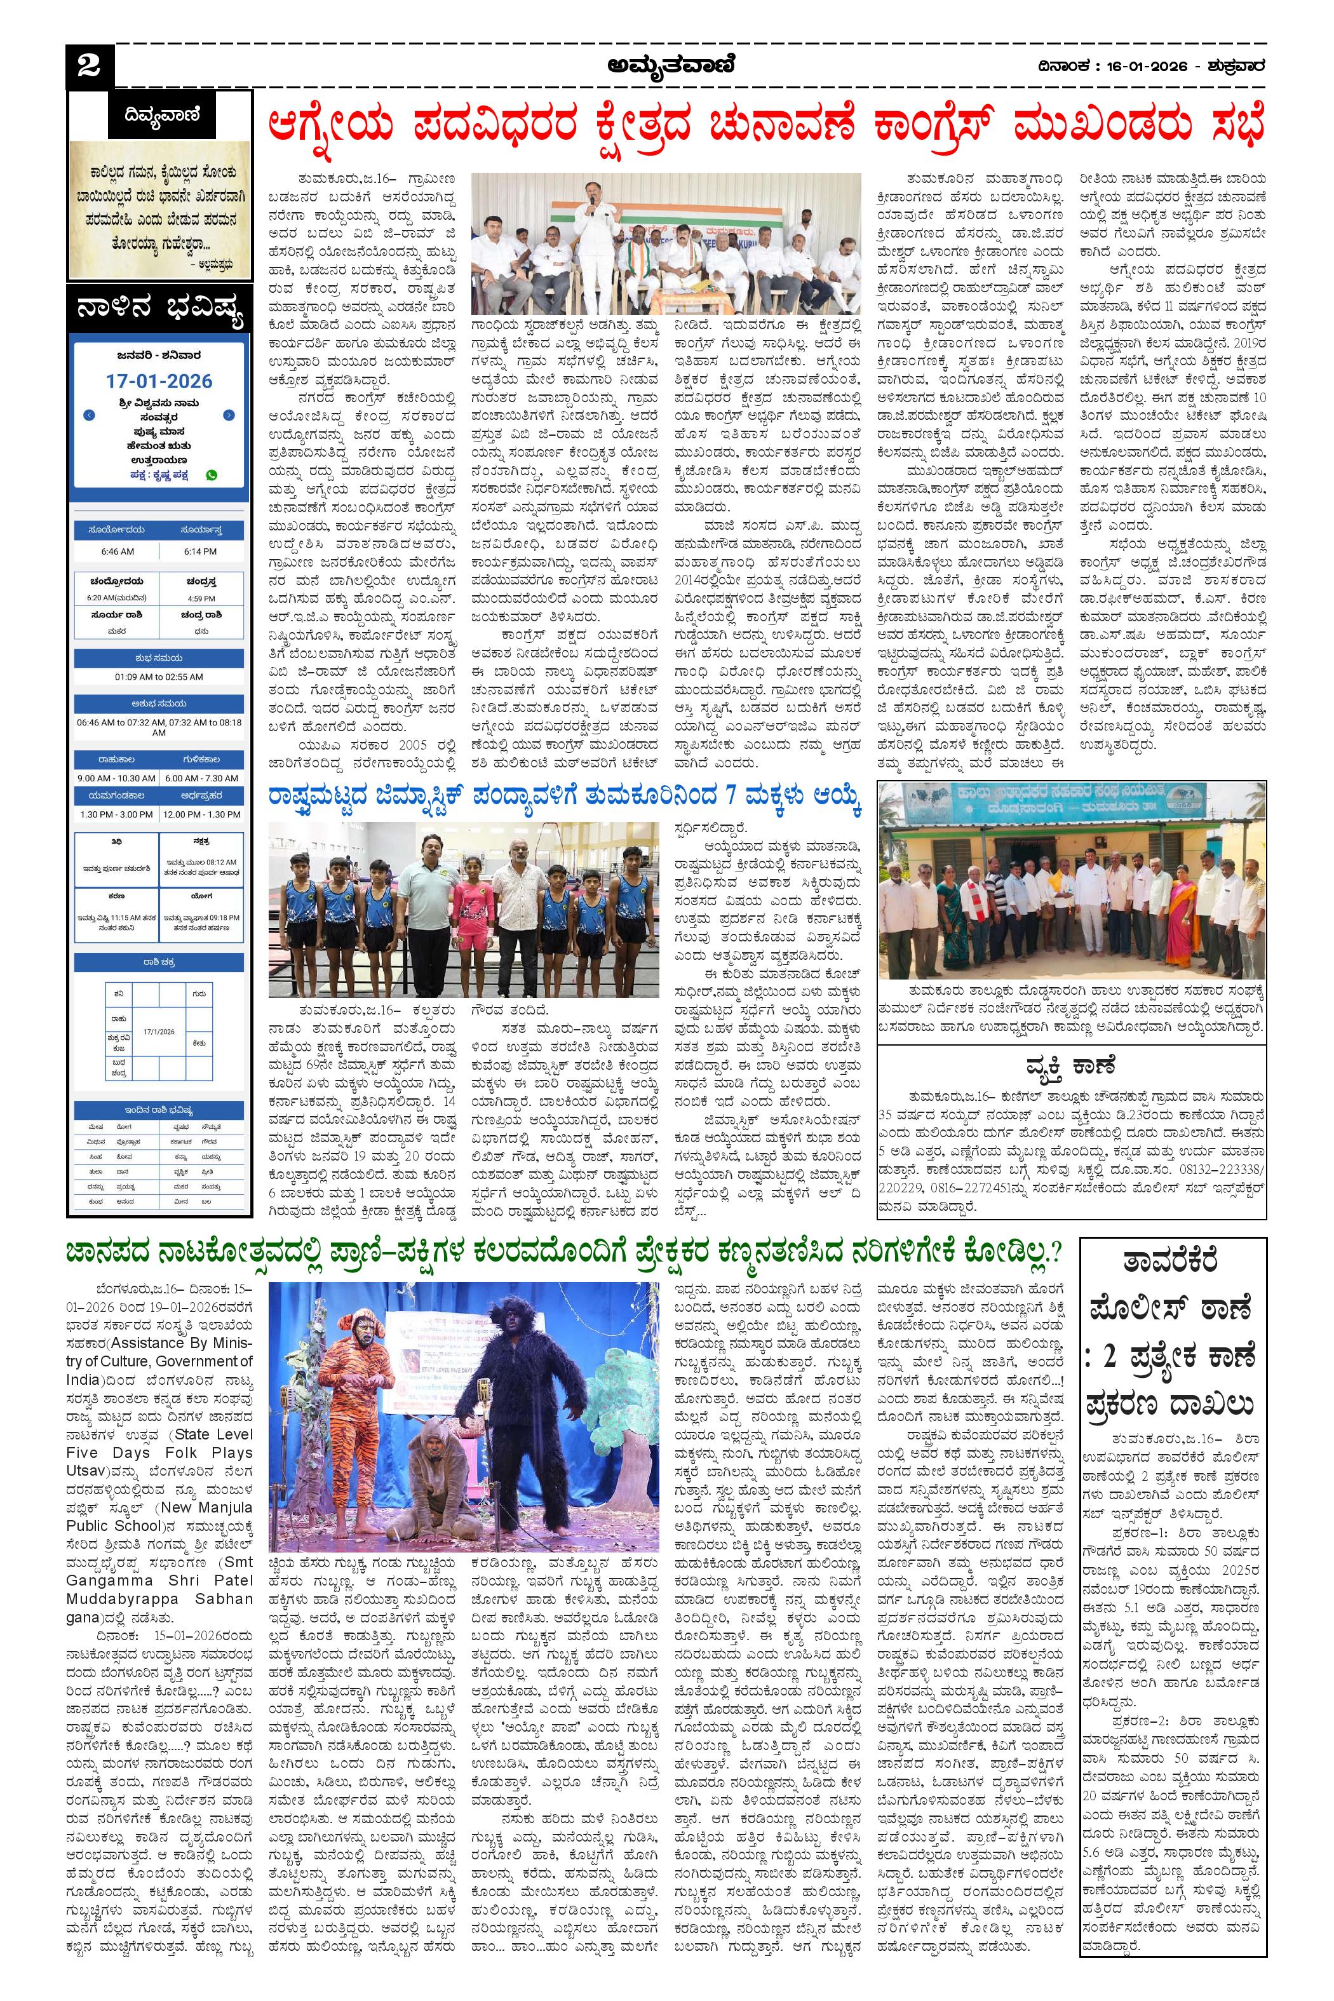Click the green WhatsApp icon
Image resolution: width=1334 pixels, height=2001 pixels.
pyautogui.click(x=211, y=475)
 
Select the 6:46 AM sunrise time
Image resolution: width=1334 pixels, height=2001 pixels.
pyautogui.click(x=116, y=551)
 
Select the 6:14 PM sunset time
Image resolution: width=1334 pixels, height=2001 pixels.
pyautogui.click(x=201, y=551)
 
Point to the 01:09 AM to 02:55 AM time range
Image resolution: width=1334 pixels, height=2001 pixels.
pyautogui.click(x=159, y=677)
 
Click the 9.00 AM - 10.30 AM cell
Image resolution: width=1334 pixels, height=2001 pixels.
pyautogui.click(x=116, y=778)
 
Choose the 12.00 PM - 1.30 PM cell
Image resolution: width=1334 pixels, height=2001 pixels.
pyautogui.click(x=201, y=814)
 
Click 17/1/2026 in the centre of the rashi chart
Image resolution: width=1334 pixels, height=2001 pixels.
pyautogui.click(x=159, y=1031)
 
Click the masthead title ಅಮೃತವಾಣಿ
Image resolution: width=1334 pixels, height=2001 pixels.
pyautogui.click(x=671, y=65)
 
